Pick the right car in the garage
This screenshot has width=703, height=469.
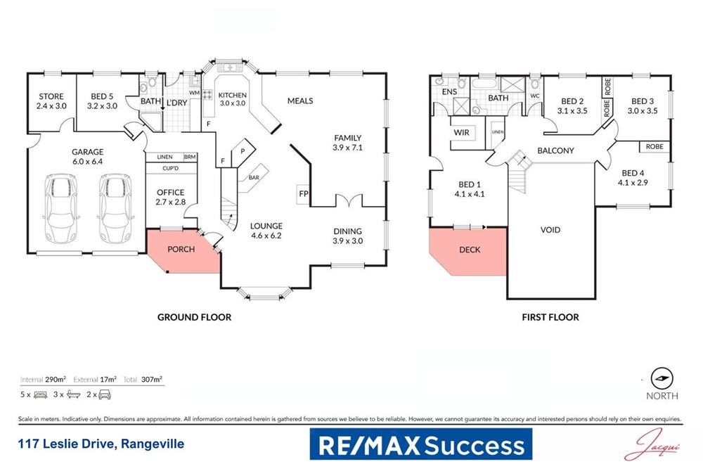click(115, 208)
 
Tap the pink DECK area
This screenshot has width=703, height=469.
click(470, 250)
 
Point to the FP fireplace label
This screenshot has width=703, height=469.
click(304, 193)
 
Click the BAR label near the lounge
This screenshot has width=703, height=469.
click(253, 177)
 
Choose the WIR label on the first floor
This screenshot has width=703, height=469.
click(462, 133)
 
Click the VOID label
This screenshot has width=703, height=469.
click(550, 230)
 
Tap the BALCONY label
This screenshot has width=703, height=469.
click(555, 150)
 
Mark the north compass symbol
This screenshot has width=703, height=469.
click(661, 378)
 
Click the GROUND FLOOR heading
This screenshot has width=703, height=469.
click(194, 318)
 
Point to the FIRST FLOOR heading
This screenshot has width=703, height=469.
click(550, 318)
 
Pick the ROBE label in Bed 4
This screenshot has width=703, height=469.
click(652, 147)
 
